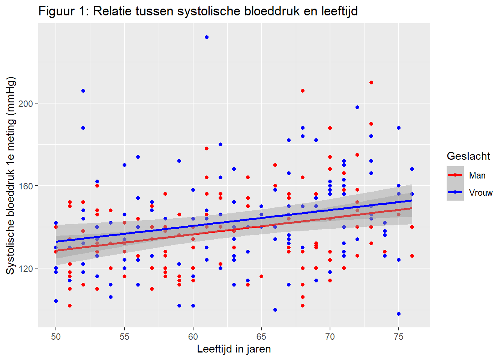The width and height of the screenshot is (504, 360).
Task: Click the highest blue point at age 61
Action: point(207,37)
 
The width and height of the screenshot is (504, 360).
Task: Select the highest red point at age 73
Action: point(371,82)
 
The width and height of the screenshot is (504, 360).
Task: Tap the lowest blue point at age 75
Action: point(399,314)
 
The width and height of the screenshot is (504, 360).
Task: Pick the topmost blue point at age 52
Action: point(83,91)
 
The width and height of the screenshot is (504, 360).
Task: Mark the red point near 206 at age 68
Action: point(303,91)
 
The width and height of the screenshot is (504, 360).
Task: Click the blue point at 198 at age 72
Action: point(357,107)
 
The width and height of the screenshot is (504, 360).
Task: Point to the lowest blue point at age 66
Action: point(275,310)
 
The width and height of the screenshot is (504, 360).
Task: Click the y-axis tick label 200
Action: point(26,103)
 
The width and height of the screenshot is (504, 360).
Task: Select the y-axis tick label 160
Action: point(26,186)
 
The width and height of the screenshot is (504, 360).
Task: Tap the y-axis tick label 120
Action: point(26,268)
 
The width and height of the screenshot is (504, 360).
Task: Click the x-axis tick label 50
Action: point(56,337)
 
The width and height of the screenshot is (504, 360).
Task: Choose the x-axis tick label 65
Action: point(261,337)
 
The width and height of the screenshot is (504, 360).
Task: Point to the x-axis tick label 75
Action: point(399,337)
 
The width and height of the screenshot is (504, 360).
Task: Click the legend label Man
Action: point(477,175)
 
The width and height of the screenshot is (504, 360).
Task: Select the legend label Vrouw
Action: point(481,193)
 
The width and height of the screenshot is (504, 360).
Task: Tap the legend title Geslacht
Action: point(468,156)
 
